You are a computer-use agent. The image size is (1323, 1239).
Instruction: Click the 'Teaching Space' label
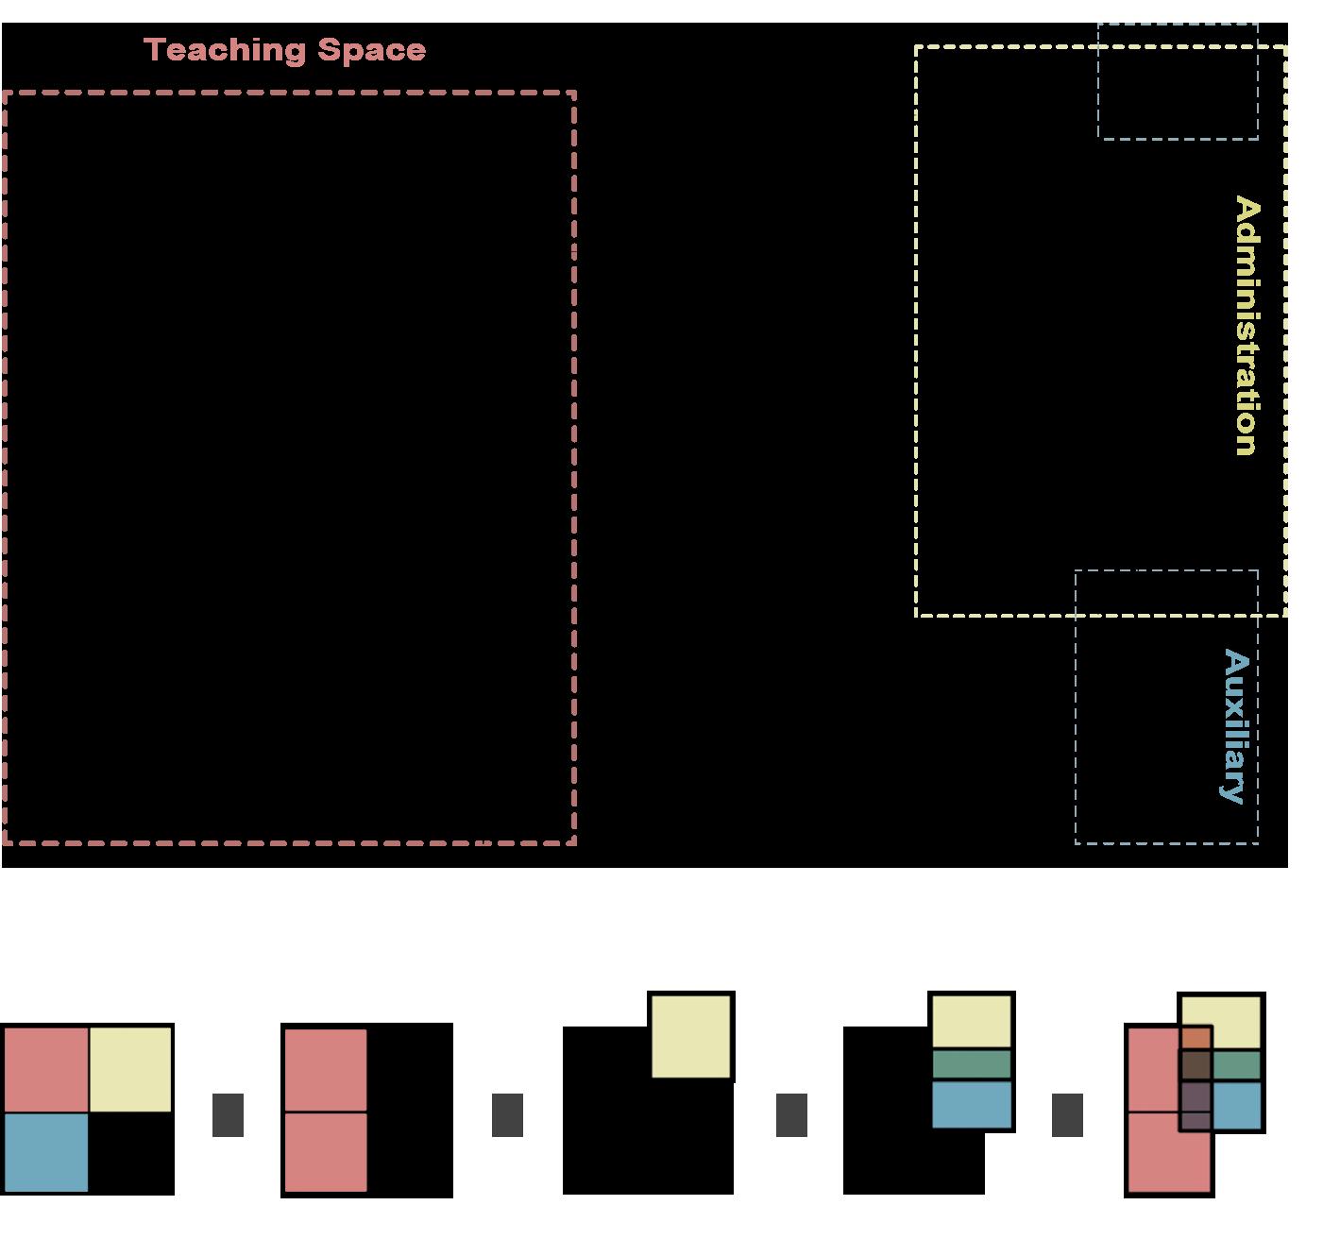284,50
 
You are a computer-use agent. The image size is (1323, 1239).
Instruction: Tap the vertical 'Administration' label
1247,326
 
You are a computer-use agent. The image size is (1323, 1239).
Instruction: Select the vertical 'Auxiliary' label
1235,725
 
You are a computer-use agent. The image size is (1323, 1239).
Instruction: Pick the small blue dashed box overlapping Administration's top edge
1177,81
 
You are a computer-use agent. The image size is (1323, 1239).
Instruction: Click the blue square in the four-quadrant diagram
45,1152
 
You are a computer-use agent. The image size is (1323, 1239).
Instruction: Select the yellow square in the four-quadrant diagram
131,1069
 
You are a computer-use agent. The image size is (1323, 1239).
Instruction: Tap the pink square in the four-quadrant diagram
45,1069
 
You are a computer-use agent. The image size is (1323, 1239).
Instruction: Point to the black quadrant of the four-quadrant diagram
131,1152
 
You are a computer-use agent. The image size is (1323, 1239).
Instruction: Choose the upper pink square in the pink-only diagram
326,1070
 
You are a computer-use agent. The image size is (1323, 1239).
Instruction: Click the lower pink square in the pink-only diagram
326,1152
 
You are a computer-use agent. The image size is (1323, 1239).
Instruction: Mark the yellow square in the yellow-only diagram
692,1036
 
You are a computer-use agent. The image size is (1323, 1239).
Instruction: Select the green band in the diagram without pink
972,1064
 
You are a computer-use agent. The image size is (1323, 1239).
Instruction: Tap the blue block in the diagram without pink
972,1104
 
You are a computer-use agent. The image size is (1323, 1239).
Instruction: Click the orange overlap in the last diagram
1196,1039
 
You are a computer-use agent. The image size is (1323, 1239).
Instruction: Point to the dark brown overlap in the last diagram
1196,1065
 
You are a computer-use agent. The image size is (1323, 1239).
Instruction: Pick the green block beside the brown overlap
1237,1066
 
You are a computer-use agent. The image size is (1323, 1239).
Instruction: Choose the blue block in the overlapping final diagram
1237,1106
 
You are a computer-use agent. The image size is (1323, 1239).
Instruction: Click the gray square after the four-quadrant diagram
229,1115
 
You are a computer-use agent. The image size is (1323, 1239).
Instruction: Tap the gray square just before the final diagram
1067,1115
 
